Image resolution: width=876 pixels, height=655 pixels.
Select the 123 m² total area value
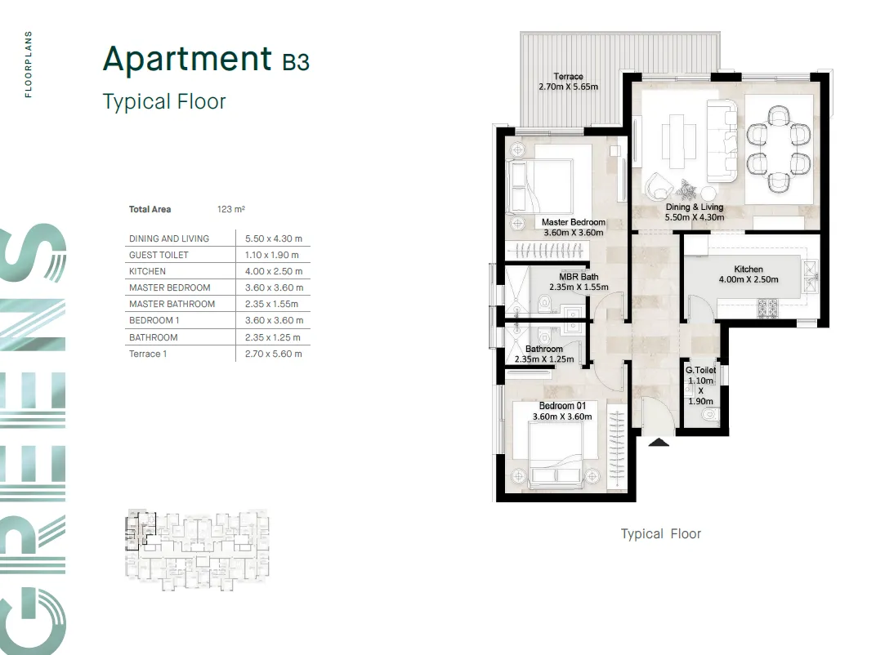tap(231, 210)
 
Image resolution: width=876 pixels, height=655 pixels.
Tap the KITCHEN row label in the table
tap(147, 271)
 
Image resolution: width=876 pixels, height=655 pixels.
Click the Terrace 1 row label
tap(147, 354)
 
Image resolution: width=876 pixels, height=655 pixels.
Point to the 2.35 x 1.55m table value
tap(273, 304)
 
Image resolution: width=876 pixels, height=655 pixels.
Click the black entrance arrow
tap(659, 443)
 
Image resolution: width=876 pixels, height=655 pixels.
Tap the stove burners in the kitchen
tap(769, 308)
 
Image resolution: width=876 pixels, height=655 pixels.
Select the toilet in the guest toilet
tap(708, 415)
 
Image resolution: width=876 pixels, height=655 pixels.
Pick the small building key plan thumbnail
tap(197, 546)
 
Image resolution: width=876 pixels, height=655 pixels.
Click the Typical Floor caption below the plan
tap(660, 534)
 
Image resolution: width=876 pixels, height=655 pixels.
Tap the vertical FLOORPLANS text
tap(29, 65)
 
